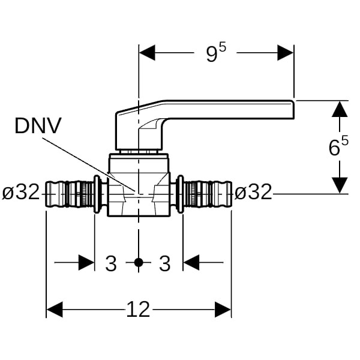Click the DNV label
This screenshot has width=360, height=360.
38,125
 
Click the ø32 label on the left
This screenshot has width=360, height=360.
21,193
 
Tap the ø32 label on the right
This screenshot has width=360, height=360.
253,193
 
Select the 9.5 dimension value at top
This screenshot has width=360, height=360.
216,53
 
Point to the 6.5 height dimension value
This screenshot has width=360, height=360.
338,147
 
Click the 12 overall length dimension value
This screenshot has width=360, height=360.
138,310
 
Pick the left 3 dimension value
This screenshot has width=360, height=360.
111,263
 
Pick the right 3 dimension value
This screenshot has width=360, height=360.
165,263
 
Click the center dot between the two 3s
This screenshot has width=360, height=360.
139,262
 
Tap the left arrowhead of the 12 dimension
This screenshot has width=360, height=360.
55,310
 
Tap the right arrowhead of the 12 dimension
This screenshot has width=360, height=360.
223,310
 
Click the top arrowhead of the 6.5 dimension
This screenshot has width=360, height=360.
340,109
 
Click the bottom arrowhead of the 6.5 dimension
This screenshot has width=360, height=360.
340,185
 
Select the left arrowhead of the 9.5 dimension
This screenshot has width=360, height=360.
147,53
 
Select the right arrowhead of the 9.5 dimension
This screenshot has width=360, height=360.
286,53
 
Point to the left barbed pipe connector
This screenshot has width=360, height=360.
71,194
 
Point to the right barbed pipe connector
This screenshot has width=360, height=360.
207,194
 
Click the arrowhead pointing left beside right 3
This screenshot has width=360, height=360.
191,262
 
